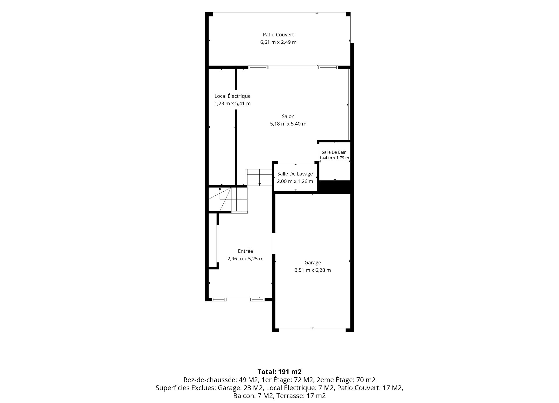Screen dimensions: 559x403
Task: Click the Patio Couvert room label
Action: coord(278,35)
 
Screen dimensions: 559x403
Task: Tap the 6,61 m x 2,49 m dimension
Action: coord(278,42)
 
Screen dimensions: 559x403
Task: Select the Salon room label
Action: coord(288,116)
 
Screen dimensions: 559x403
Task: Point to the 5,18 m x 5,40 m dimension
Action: coord(288,124)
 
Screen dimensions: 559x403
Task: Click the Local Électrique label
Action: coord(232,96)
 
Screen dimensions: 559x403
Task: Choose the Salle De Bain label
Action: coord(334,152)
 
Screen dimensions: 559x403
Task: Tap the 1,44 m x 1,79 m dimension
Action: coord(334,158)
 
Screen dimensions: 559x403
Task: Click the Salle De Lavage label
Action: coord(295,174)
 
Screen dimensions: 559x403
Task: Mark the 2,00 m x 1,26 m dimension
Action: coord(295,181)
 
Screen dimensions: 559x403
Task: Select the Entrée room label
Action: coord(245,251)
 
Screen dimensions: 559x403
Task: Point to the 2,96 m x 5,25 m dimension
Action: coord(245,259)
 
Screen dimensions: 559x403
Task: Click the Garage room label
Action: coord(313,263)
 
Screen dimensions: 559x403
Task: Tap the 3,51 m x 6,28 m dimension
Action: coord(313,270)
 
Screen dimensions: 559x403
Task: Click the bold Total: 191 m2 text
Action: coord(279,372)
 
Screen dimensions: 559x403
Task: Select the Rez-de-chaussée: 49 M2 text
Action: coord(221,380)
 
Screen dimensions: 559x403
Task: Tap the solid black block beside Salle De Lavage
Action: coord(335,187)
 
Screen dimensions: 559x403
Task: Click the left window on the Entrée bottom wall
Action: coord(219,299)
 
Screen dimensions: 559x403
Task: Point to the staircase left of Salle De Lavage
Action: coord(259,177)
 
